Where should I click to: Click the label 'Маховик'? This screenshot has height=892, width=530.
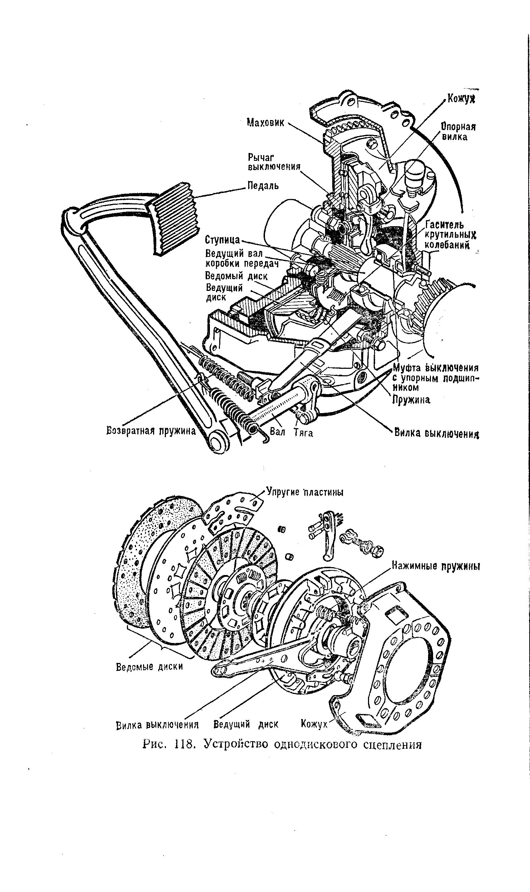click(266, 123)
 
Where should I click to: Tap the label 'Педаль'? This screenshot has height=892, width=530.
click(263, 186)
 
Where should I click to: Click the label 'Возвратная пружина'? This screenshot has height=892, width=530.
click(151, 431)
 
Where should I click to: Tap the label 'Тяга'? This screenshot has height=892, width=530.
click(303, 433)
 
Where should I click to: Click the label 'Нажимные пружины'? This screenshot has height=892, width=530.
click(435, 566)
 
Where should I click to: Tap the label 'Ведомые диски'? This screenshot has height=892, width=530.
click(149, 666)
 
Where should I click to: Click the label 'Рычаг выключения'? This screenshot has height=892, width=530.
click(274, 162)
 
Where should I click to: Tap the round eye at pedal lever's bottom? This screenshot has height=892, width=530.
click(217, 442)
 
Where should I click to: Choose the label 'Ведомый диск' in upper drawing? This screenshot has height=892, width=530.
click(236, 276)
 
